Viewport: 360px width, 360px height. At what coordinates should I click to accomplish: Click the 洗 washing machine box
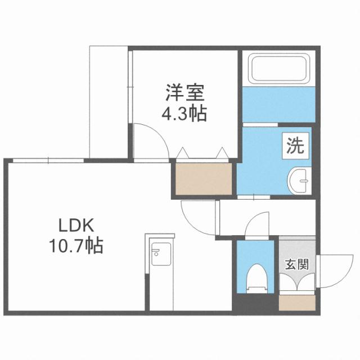click(x=295, y=146)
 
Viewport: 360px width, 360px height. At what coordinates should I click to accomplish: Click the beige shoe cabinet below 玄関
click(x=298, y=304)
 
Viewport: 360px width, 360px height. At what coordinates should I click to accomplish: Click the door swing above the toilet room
click(x=257, y=224)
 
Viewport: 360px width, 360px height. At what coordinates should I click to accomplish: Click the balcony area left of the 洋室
click(x=110, y=101)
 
